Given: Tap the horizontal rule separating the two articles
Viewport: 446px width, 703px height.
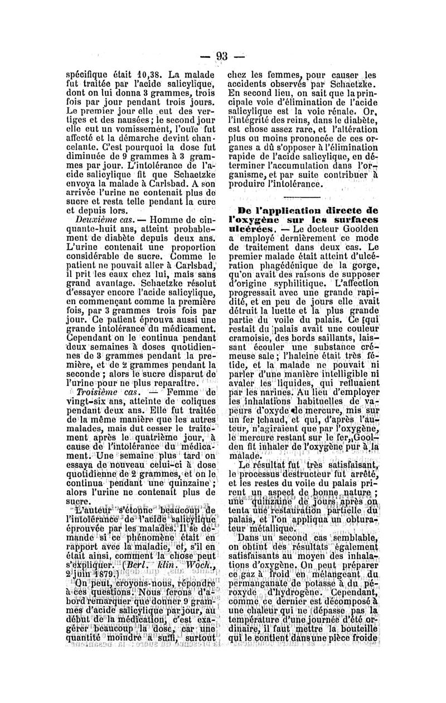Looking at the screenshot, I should [302, 198].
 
